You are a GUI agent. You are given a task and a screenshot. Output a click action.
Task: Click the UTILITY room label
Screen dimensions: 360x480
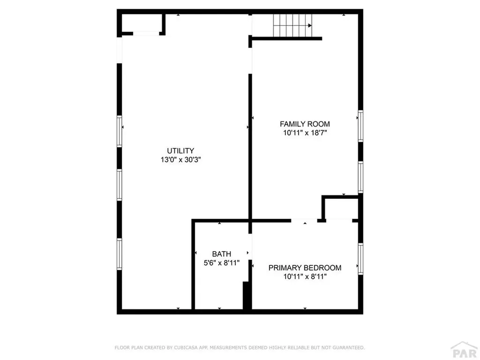pyautogui.click(x=180, y=151)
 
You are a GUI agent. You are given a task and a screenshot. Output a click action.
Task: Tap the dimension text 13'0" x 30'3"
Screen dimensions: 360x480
pyautogui.click(x=180, y=159)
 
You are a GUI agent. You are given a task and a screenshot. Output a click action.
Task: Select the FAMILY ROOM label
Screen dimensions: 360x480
pyautogui.click(x=305, y=124)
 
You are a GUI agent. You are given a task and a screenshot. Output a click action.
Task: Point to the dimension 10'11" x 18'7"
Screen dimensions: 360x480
pyautogui.click(x=305, y=133)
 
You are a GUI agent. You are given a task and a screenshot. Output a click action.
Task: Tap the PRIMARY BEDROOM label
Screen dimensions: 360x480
pyautogui.click(x=305, y=268)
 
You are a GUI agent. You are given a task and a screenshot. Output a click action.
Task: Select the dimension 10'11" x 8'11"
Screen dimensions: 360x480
pyautogui.click(x=305, y=277)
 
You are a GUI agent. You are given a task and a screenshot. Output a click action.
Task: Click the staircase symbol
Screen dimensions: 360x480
pyautogui.click(x=292, y=26)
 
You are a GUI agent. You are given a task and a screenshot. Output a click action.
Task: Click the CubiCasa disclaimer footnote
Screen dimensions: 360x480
pyautogui.click(x=240, y=347)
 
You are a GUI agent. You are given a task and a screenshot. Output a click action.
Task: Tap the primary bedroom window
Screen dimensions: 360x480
pyautogui.click(x=360, y=258)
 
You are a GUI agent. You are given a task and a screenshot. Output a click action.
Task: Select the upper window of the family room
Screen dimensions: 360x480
pyautogui.click(x=360, y=126)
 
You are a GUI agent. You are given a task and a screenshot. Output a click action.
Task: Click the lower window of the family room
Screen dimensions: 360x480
pyautogui.click(x=360, y=177)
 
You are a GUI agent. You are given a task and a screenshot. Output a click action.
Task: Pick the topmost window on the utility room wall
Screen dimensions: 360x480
pyautogui.click(x=120, y=131)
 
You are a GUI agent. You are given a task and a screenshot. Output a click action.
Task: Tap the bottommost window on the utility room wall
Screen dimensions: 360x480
pyautogui.click(x=120, y=254)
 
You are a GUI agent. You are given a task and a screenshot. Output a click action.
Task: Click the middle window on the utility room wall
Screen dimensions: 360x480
pyautogui.click(x=120, y=185)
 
